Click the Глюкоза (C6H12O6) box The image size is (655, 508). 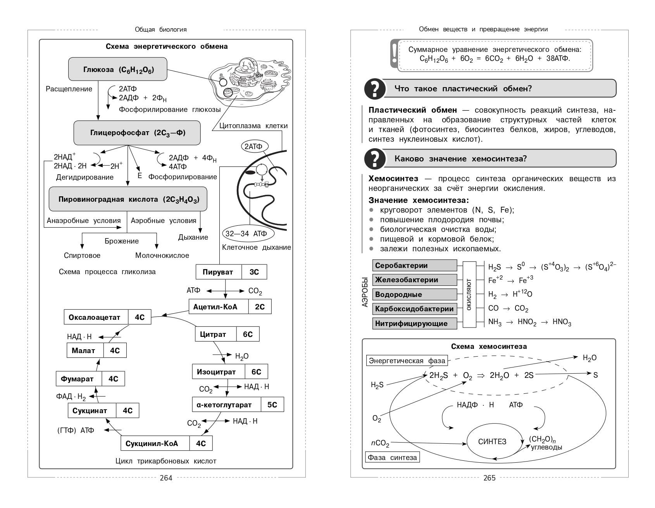click(x=118, y=69)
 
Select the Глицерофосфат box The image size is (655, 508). click(x=137, y=133)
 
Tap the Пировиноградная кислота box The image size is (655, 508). click(x=128, y=199)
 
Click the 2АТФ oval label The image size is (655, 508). click(x=253, y=146)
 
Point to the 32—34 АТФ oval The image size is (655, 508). click(x=246, y=234)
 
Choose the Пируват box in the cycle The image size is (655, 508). click(x=231, y=272)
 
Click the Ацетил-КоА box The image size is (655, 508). click(x=230, y=307)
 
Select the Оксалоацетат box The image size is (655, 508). click(x=107, y=317)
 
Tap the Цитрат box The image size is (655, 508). click(x=227, y=334)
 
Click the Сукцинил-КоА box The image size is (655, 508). click(x=167, y=443)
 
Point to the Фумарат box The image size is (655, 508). click(x=91, y=379)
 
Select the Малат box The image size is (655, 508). click(x=97, y=351)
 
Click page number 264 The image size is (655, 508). click(x=166, y=478)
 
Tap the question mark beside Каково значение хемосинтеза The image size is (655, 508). click(x=375, y=159)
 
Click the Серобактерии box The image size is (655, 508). click(x=415, y=266)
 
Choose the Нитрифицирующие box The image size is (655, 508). click(x=415, y=323)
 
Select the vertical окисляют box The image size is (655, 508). click(x=469, y=294)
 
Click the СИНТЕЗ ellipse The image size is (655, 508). click(x=492, y=442)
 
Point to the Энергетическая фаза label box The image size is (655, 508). click(x=407, y=361)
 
